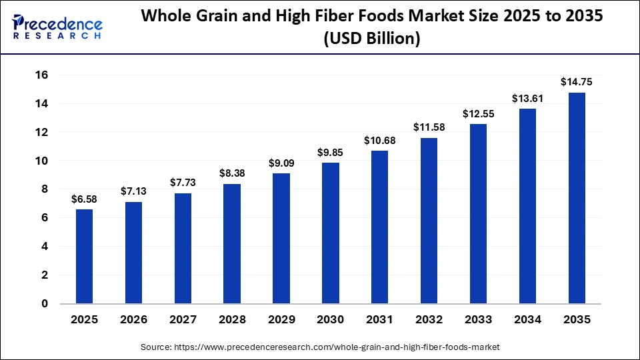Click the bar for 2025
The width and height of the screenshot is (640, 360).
pyautogui.click(x=84, y=257)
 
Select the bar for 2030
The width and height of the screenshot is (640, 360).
pyautogui.click(x=331, y=233)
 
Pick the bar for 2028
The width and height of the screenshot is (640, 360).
pyautogui.click(x=232, y=244)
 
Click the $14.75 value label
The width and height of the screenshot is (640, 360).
pyautogui.click(x=577, y=83)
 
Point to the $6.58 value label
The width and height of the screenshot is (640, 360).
pyautogui.click(x=84, y=199)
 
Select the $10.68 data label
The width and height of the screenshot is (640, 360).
pyautogui.click(x=379, y=141)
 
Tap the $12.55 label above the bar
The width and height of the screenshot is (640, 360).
pyautogui.click(x=478, y=114)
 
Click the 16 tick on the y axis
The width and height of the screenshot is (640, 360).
pyautogui.click(x=41, y=75)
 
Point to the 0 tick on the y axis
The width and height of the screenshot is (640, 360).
pyautogui.click(x=45, y=304)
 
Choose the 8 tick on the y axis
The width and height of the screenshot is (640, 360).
pyautogui.click(x=45, y=189)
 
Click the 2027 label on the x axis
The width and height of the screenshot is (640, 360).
pyautogui.click(x=183, y=320)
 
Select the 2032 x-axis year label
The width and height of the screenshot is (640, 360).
pyautogui.click(x=429, y=320)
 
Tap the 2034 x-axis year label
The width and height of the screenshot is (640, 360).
pyautogui.click(x=527, y=320)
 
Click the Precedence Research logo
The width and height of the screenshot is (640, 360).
pyautogui.click(x=57, y=27)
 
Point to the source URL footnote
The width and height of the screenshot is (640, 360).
pyautogui.click(x=320, y=347)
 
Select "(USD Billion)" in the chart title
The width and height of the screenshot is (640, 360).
pyautogui.click(x=371, y=39)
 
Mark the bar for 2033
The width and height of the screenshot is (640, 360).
pyautogui.click(x=478, y=214)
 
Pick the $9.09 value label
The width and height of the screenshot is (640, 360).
pyautogui.click(x=281, y=163)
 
